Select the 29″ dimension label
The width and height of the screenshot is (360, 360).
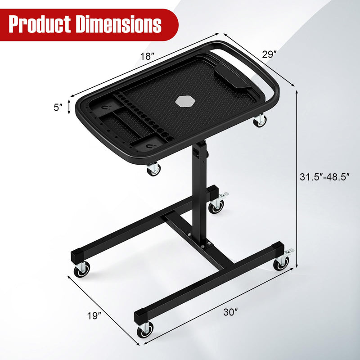pyautogui.click(x=269, y=54)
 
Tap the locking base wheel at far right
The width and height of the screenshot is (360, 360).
pyautogui.click(x=282, y=262)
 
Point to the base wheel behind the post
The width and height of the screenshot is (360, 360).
pyautogui.click(x=216, y=205)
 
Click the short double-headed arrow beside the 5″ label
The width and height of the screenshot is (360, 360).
pyautogui.click(x=69, y=107)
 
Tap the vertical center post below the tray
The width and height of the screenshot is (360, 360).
pyautogui.click(x=197, y=189)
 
